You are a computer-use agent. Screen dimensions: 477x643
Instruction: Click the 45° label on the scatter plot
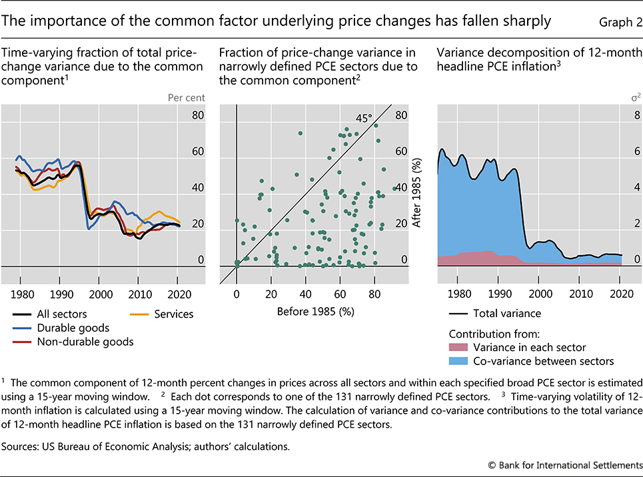click(363, 118)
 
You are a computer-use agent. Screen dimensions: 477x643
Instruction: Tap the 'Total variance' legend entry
click(506, 313)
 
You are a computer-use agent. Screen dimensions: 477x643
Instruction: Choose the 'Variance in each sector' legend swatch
click(459, 347)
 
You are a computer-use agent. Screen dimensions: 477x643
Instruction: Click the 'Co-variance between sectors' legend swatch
click(459, 361)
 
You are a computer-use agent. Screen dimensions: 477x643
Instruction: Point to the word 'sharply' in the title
click(528, 21)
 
